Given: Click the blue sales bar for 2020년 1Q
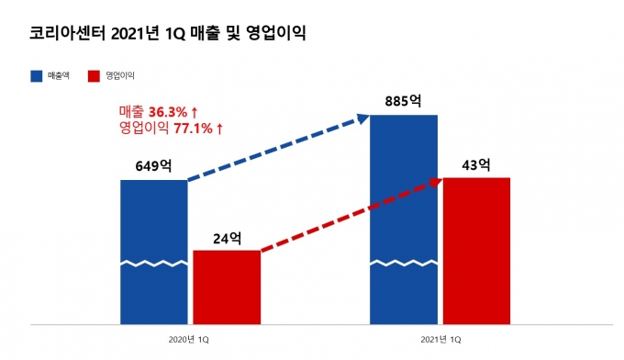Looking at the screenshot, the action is tap(153, 252).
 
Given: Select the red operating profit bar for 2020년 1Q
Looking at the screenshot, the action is tap(227, 287).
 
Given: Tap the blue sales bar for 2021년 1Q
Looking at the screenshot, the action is tap(404, 219).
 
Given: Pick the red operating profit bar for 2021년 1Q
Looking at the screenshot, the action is tap(477, 251).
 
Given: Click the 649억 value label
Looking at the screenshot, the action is tap(153, 165).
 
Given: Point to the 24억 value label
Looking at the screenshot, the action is tap(228, 238).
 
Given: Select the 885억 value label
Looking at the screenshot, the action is tap(403, 101).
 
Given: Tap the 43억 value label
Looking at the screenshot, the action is tap(476, 164).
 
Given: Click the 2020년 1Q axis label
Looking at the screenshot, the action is tap(189, 340).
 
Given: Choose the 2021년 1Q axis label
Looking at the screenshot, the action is tap(440, 340).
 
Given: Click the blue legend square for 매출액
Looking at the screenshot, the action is tap(37, 76).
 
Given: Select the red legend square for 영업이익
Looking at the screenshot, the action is tap(94, 76).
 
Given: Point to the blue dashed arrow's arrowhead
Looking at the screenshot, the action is tap(363, 118).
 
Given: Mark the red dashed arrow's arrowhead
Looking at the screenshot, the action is tap(436, 183).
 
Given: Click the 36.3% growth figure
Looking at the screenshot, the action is tap(168, 112).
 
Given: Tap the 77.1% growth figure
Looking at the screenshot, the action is tap(193, 129).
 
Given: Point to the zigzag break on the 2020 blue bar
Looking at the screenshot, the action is tap(153, 264).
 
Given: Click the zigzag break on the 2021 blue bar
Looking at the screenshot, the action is tap(404, 264).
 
